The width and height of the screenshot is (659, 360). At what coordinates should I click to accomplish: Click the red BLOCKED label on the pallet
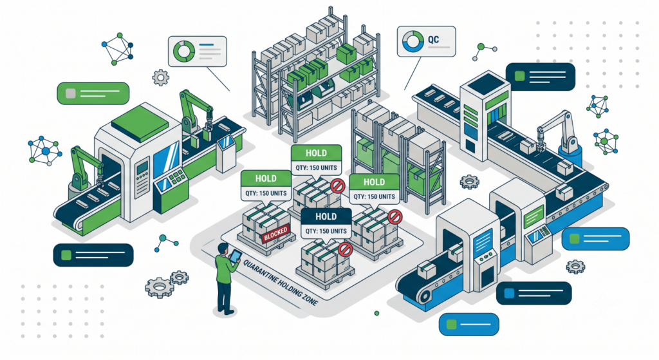(x=275, y=234)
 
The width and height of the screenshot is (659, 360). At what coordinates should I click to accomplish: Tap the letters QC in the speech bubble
(x=433, y=40)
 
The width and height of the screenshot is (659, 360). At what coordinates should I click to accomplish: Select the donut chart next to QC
(x=413, y=41)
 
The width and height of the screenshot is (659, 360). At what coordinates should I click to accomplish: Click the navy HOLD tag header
(x=326, y=216)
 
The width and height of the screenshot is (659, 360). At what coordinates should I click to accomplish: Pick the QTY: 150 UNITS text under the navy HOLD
(x=326, y=231)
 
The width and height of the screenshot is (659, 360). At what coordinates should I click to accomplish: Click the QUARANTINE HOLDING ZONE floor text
(x=281, y=283)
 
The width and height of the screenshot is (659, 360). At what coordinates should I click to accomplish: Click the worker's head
(x=223, y=248)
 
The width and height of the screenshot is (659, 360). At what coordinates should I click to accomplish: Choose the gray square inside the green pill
(x=71, y=93)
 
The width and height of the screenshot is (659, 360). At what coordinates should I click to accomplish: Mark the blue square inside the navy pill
(x=510, y=293)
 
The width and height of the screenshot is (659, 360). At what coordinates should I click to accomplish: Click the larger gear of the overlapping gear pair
(x=160, y=288)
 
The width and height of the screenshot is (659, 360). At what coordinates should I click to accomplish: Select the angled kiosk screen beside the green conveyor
(x=226, y=142)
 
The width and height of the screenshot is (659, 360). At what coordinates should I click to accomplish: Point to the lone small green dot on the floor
(x=376, y=314)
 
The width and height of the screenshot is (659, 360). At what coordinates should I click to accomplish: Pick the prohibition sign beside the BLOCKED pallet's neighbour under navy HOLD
(x=345, y=249)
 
